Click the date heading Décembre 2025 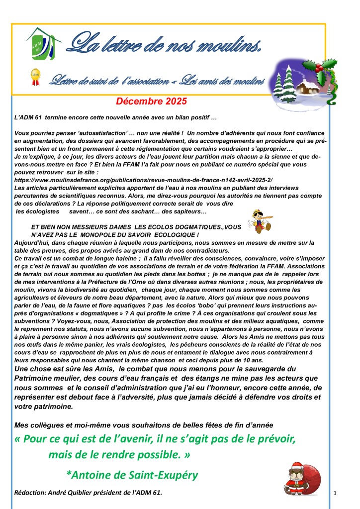151,102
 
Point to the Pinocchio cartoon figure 259,219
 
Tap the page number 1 336,493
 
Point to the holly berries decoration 328,65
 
